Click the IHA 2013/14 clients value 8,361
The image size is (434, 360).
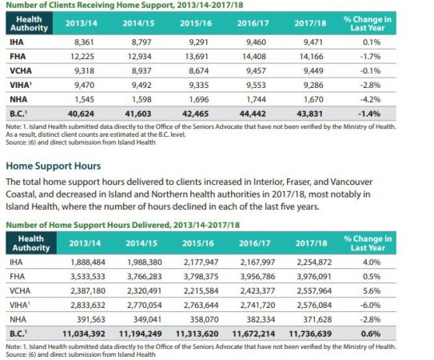click(x=84, y=42)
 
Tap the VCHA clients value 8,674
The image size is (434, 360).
click(x=198, y=70)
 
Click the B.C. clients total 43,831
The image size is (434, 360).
click(x=309, y=114)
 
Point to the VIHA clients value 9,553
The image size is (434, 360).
click(x=256, y=85)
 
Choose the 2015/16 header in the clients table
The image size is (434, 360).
click(x=196, y=23)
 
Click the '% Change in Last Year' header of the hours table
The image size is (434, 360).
click(x=368, y=243)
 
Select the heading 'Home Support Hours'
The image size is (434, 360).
click(x=54, y=166)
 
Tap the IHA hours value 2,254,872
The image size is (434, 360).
click(x=314, y=262)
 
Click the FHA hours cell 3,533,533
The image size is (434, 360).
click(x=88, y=277)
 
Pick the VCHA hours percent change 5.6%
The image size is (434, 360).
click(x=372, y=290)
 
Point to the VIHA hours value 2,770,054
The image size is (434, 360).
click(x=144, y=305)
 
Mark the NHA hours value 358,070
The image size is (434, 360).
click(x=204, y=319)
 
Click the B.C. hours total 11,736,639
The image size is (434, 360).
click(x=310, y=334)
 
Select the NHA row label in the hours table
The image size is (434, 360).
click(x=18, y=319)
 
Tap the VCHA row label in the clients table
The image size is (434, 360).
click(x=21, y=70)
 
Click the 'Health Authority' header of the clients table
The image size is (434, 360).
click(x=29, y=23)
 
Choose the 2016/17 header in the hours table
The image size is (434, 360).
click(x=255, y=243)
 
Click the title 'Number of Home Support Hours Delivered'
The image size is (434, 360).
click(x=87, y=225)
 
